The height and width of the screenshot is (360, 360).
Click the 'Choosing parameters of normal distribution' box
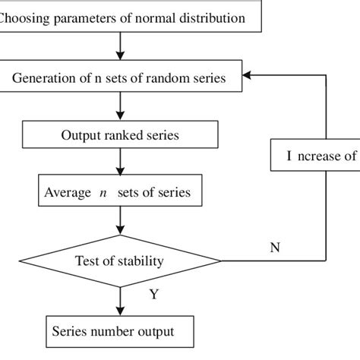[x=129, y=16]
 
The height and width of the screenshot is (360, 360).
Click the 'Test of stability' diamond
[x=120, y=261]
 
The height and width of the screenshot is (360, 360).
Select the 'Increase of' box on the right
[x=315, y=156]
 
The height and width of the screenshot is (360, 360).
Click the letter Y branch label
[x=153, y=295]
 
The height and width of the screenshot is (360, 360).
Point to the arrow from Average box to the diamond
[x=120, y=222]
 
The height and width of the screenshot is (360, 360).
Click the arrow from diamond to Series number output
[x=120, y=302]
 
